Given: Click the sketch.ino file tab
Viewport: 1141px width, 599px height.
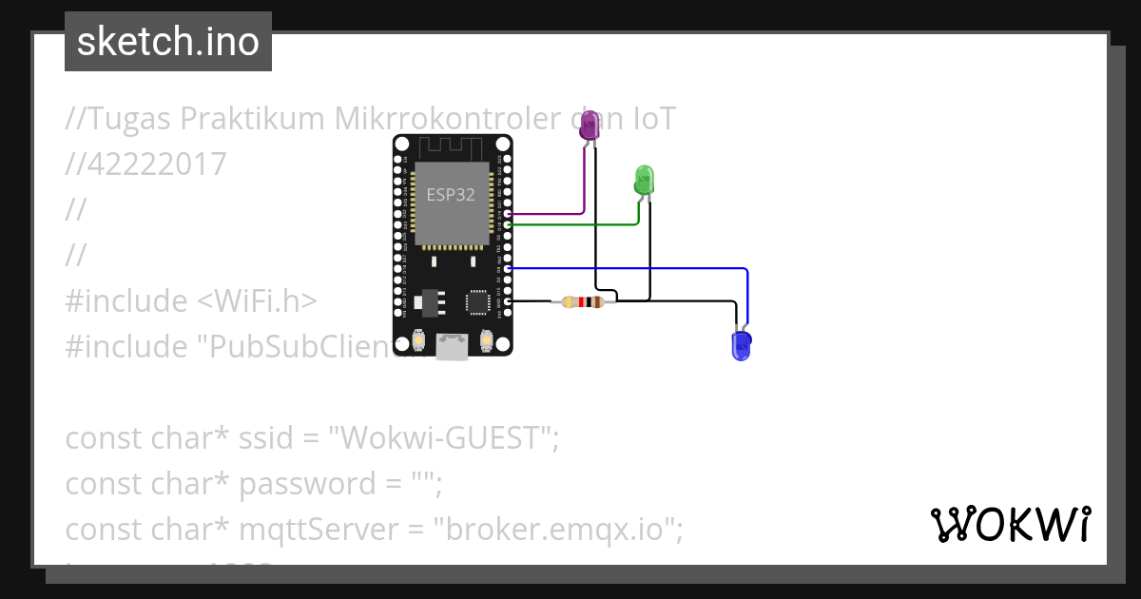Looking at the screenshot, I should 168,42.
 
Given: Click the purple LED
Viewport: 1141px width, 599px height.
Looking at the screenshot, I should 590,126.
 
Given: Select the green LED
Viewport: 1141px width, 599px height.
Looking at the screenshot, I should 644,180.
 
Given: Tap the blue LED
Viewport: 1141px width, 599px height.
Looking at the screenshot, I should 741,345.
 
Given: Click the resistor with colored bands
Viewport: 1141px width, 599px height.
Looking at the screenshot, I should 582,302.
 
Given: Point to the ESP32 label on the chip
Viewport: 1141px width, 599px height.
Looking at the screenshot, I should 451,195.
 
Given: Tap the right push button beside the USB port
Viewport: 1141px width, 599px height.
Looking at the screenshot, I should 486,339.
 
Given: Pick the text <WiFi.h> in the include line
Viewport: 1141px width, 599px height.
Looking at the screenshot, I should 258,301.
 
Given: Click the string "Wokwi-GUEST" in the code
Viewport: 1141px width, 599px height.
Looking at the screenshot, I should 442,438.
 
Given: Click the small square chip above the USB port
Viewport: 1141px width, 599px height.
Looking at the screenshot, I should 476,302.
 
